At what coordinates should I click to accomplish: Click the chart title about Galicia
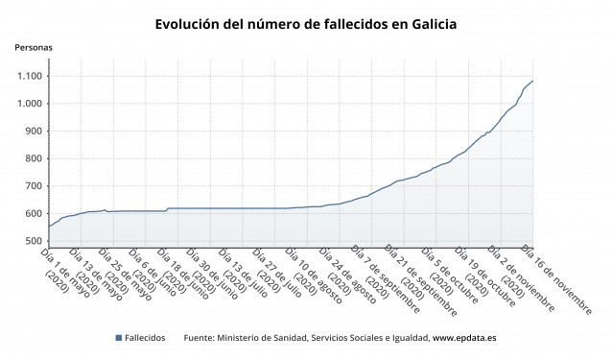[x=306, y=23]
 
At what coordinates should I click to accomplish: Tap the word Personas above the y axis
[x=34, y=47]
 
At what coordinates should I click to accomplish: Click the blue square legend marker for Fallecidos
[x=118, y=338]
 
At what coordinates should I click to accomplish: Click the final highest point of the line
[x=533, y=81]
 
